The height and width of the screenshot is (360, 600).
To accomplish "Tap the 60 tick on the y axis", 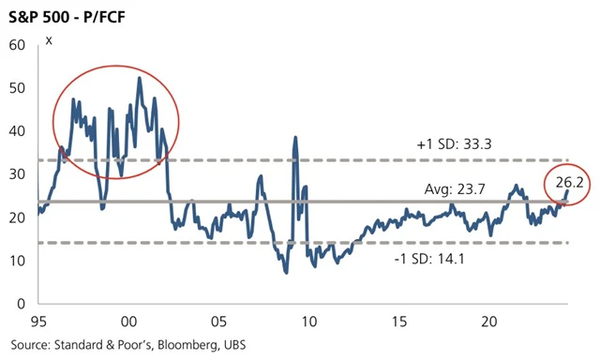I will (x=16, y=44).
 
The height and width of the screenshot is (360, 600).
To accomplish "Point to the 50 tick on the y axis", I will (x=16, y=87).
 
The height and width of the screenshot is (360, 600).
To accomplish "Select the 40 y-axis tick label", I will (x=16, y=130).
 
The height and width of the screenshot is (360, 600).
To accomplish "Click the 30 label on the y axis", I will (x=16, y=174).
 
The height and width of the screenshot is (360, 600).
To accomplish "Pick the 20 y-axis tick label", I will (x=16, y=217).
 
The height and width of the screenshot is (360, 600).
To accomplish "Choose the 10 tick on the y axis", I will (x=16, y=261).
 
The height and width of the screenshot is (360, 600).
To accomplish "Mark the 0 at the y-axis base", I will (x=20, y=304).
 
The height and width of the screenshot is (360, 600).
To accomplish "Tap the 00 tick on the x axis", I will (x=130, y=322).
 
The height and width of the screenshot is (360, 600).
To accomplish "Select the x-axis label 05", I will (x=219, y=322).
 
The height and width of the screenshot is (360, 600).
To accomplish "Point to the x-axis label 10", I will (x=309, y=322).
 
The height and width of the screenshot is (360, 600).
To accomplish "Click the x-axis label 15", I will (x=398, y=322).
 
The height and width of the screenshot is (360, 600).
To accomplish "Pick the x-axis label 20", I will (x=487, y=322).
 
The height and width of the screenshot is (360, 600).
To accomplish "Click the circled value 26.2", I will (x=567, y=184).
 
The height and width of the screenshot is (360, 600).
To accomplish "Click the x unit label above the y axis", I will (x=49, y=39).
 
